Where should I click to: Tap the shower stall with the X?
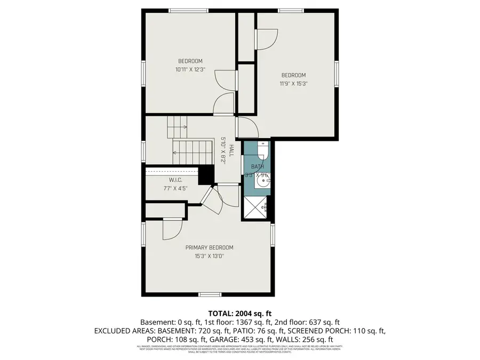(255, 208)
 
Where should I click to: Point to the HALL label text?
(231, 149)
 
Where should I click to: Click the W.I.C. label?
(176, 180)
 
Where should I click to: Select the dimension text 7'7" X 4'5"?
(176, 188)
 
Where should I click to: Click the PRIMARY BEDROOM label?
(209, 247)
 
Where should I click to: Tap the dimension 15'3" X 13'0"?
(209, 256)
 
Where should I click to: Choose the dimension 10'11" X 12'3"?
(190, 69)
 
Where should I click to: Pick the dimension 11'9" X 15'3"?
(293, 83)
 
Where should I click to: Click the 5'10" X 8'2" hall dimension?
(224, 151)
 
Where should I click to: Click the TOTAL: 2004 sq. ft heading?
(239, 314)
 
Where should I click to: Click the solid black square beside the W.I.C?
(205, 174)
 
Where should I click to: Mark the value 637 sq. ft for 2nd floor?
(322, 323)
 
